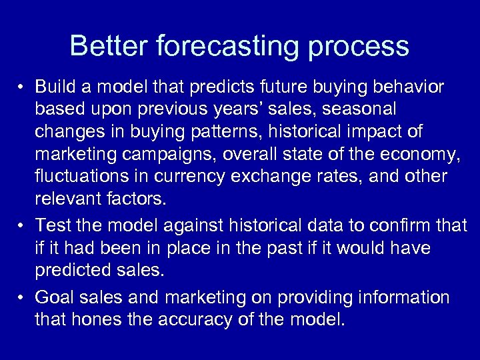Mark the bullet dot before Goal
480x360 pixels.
23,297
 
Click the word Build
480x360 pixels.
56,87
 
